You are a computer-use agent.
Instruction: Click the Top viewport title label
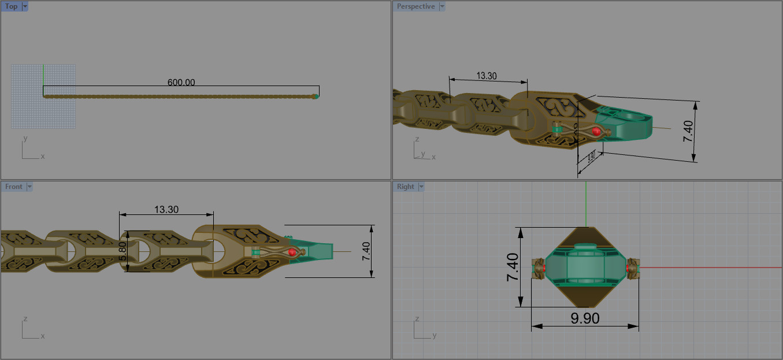(x=11, y=6)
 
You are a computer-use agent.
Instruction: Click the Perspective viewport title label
(x=415, y=6)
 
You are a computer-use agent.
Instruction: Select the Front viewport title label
(x=13, y=187)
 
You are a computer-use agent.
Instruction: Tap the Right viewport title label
(x=406, y=187)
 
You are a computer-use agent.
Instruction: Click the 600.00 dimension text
(x=181, y=83)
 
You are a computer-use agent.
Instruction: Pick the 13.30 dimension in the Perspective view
(x=487, y=76)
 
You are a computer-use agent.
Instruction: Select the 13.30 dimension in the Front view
(x=166, y=210)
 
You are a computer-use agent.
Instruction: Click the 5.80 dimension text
(x=123, y=251)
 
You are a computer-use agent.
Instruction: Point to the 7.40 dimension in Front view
(x=366, y=251)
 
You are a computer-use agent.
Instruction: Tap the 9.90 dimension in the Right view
(x=585, y=318)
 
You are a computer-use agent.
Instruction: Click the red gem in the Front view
(x=292, y=253)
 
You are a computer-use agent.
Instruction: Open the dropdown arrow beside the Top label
(x=25, y=6)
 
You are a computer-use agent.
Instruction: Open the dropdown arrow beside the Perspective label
(x=442, y=6)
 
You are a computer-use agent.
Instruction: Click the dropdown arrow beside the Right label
(x=421, y=187)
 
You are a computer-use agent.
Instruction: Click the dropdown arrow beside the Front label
(x=29, y=187)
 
